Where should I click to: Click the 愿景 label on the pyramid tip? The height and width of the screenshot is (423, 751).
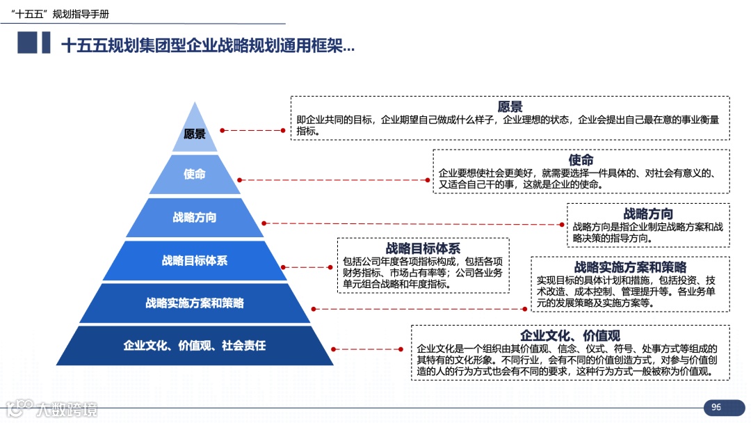coord(195,134)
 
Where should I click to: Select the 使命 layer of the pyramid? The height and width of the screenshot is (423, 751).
coord(195,174)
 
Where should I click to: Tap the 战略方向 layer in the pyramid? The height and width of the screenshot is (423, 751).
coord(195,217)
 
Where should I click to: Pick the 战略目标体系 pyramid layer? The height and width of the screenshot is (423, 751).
coord(195,260)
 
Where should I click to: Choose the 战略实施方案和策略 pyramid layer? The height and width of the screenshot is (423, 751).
coord(195,303)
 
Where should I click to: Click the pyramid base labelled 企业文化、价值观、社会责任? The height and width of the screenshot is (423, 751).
coord(195,345)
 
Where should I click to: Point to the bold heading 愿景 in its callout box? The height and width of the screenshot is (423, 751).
coord(510,106)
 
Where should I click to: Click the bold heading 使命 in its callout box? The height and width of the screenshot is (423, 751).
coord(581,160)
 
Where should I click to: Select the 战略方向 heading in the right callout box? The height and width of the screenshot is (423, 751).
coord(648,214)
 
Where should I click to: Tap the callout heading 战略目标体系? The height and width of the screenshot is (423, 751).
coord(423,248)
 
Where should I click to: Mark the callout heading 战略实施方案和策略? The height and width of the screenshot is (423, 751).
coord(630,267)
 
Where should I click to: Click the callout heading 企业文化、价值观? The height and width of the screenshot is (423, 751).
coord(570,335)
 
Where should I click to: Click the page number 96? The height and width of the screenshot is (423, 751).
coord(716,407)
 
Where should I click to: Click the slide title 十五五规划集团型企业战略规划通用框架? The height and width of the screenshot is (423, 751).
coord(207,46)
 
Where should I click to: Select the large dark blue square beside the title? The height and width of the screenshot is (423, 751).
coord(27,43)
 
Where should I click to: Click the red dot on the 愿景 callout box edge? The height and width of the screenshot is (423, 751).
coord(283,129)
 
